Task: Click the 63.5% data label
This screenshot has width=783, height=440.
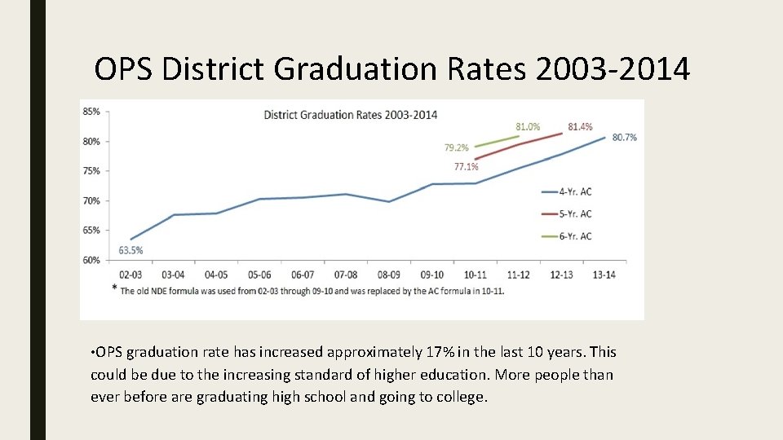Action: pos(130,250)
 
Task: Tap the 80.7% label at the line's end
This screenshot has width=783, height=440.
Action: pos(625,137)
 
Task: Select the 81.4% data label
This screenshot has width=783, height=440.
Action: pos(580,126)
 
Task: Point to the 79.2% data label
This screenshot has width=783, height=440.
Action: pos(457,147)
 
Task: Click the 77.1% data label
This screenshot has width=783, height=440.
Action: pos(466,167)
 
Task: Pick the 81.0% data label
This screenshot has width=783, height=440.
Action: pos(528,126)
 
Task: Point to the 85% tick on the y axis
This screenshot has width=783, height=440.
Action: pos(91,112)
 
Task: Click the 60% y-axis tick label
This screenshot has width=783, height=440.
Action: pos(91,260)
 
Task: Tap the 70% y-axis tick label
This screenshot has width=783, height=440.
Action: pos(91,200)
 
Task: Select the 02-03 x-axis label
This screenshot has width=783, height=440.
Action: pos(130,275)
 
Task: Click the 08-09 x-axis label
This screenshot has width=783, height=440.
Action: pos(388,275)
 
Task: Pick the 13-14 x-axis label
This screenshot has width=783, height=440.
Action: pos(604,275)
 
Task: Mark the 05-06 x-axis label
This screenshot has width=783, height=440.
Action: pos(259,275)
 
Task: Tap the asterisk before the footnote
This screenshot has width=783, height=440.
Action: pos(115,288)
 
